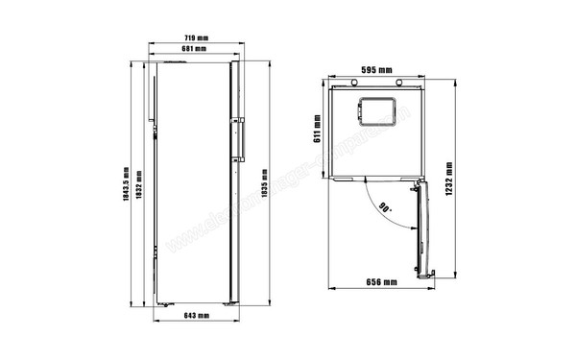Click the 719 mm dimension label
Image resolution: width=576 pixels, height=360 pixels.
(197, 38)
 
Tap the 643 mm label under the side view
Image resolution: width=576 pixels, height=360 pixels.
(197, 316)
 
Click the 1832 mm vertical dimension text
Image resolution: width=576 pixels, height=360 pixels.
(140, 184)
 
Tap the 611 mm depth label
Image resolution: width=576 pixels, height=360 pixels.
(318, 129)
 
